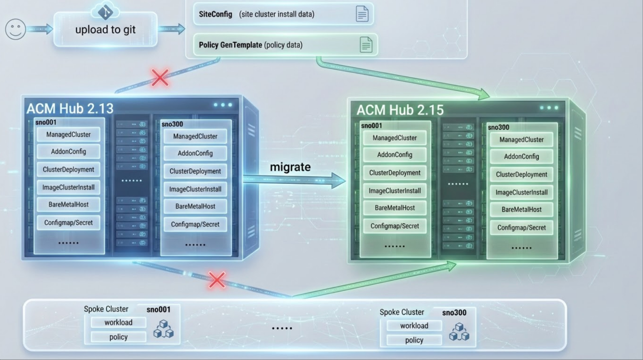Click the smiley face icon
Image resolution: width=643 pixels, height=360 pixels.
click(15, 29)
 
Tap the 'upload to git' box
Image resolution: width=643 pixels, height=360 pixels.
click(105, 30)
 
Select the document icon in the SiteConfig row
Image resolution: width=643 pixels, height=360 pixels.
click(362, 14)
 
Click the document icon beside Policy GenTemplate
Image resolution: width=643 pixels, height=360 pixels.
click(366, 45)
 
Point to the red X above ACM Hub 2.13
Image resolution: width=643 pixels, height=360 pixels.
click(160, 78)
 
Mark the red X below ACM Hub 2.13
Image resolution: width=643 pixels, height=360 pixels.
click(217, 280)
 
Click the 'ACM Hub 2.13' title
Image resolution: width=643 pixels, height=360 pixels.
click(70, 108)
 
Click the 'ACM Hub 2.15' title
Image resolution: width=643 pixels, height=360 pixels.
click(400, 110)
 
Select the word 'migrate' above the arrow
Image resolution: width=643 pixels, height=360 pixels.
click(290, 167)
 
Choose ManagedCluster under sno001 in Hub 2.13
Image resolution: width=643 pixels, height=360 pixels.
click(69, 135)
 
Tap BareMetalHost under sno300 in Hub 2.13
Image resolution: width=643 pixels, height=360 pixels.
click(195, 206)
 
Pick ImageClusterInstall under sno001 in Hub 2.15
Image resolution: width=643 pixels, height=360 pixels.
click(395, 191)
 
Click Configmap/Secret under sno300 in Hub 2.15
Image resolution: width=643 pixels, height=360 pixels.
click(522, 228)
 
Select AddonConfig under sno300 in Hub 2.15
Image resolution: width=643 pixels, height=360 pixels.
click(522, 157)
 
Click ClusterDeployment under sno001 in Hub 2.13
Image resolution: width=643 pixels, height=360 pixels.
click(69, 169)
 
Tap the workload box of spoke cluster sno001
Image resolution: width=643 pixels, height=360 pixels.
click(118, 322)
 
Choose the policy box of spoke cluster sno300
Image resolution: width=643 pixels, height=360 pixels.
click(414, 340)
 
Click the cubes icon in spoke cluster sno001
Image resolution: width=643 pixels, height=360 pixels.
click(164, 329)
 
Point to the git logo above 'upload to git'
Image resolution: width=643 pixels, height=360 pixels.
click(105, 12)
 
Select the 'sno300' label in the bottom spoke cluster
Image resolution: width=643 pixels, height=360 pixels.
click(454, 313)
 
